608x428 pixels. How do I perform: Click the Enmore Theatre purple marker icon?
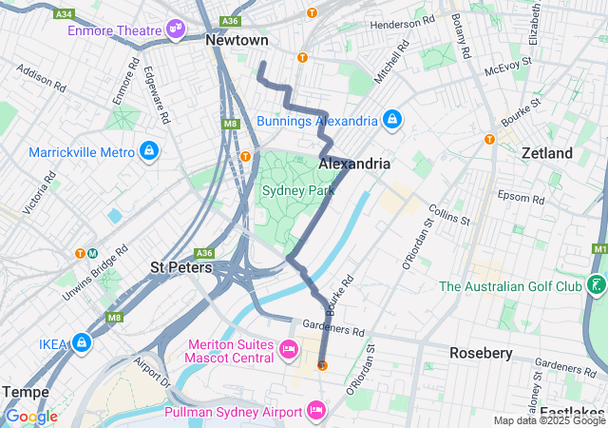(x=176, y=30)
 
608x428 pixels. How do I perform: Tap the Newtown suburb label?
(x=237, y=41)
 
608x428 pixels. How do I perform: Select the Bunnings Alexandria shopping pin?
(x=390, y=121)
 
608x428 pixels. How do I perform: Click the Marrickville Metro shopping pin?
(x=148, y=151)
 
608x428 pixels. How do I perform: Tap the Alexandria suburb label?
(x=353, y=164)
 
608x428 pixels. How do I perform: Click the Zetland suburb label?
(x=546, y=153)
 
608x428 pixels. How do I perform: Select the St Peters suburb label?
(x=180, y=268)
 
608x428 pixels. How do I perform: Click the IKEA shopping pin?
(x=82, y=342)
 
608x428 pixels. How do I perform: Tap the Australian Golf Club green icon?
(x=596, y=285)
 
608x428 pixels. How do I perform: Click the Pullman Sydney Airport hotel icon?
(x=316, y=412)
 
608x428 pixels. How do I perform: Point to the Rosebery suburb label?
(x=481, y=353)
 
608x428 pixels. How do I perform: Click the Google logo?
(x=31, y=417)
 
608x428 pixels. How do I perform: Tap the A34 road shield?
(x=65, y=14)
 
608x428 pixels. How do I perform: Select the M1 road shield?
(x=598, y=249)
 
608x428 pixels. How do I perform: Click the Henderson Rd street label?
(x=402, y=23)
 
